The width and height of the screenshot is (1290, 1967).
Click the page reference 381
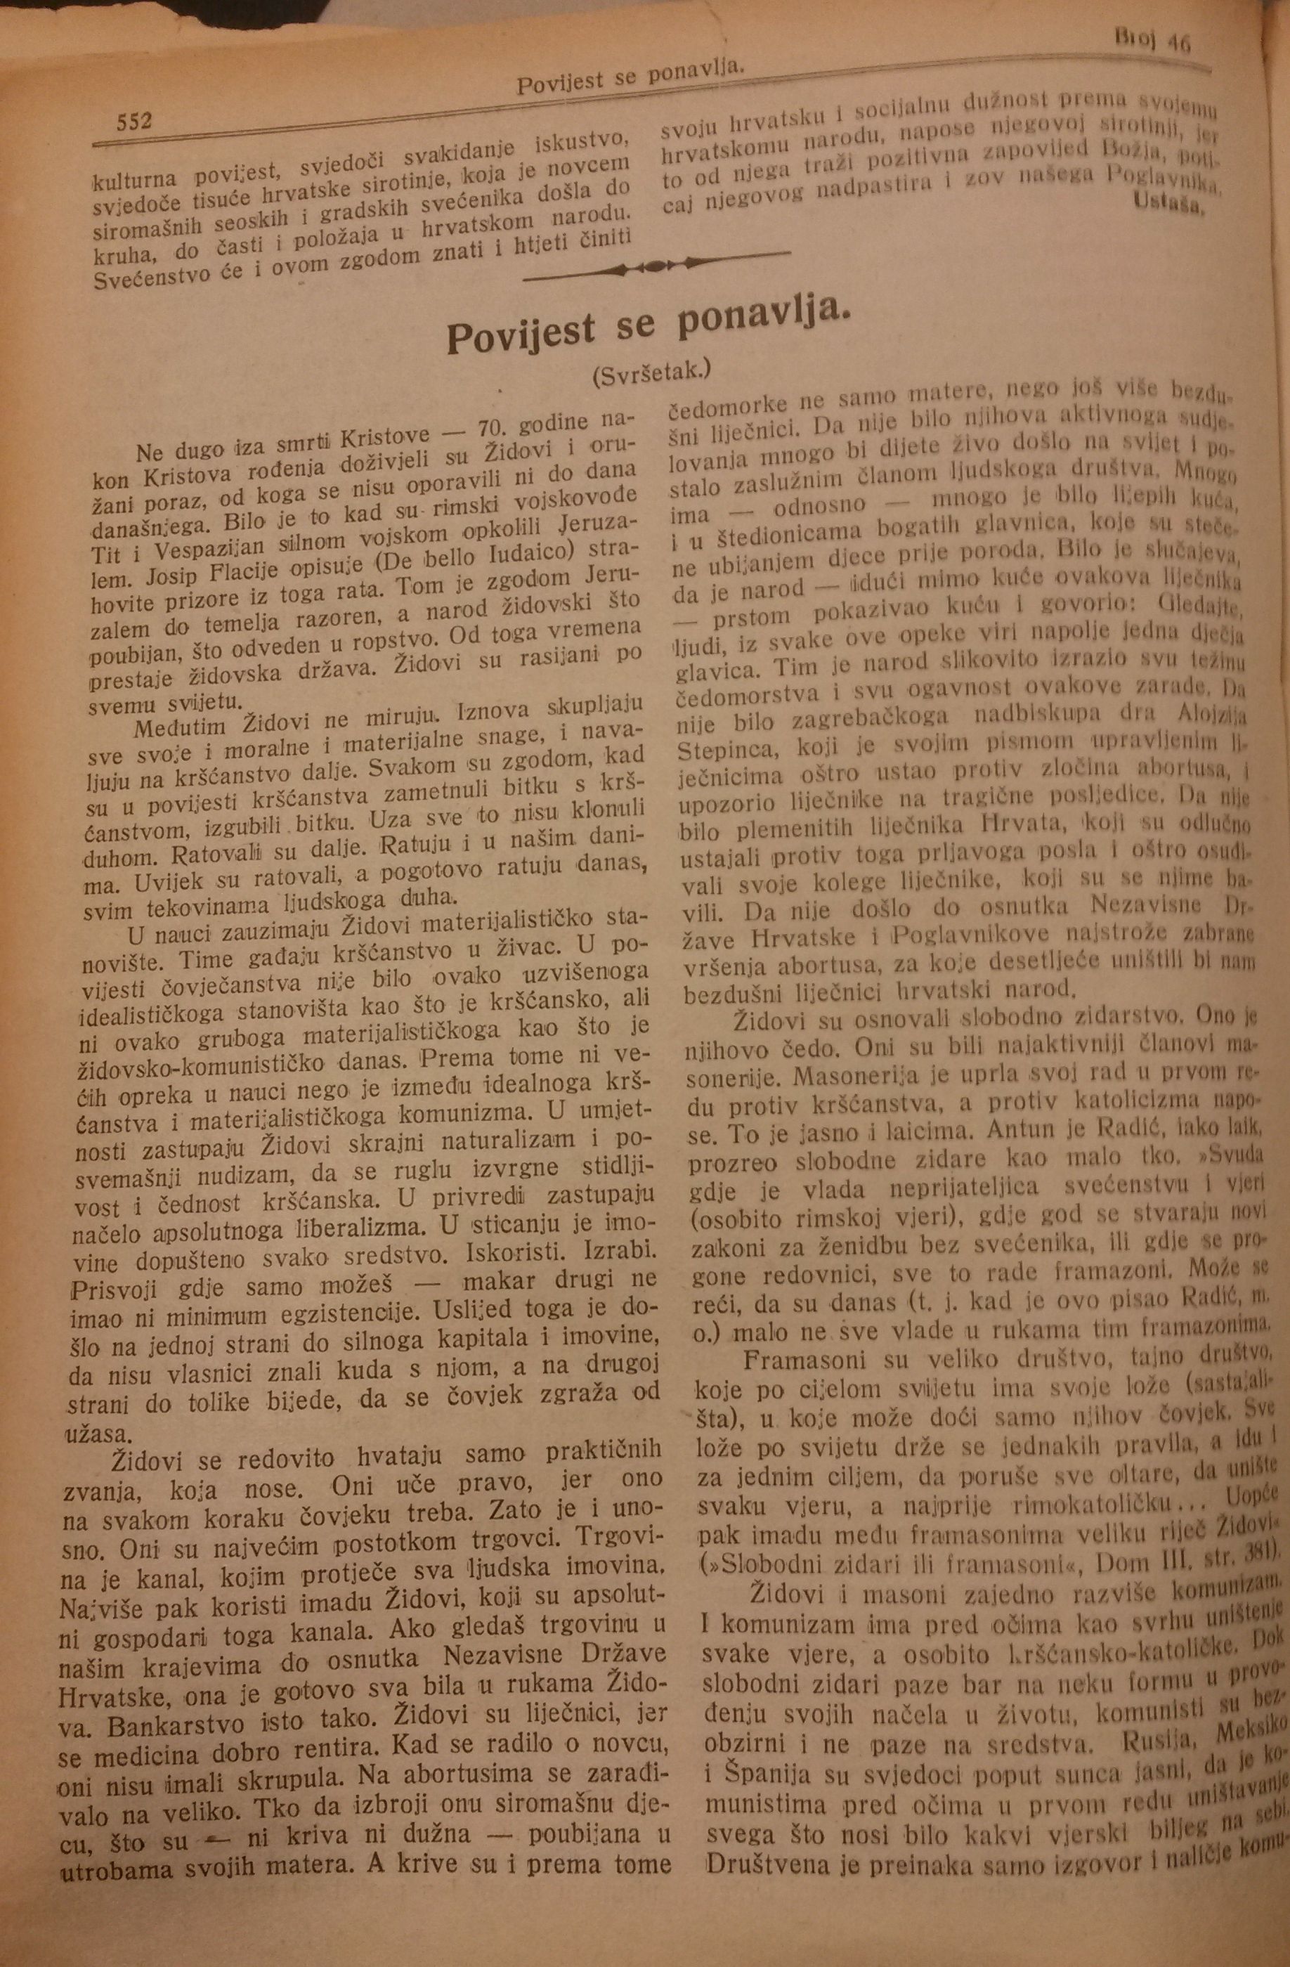pos(1253,1552)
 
